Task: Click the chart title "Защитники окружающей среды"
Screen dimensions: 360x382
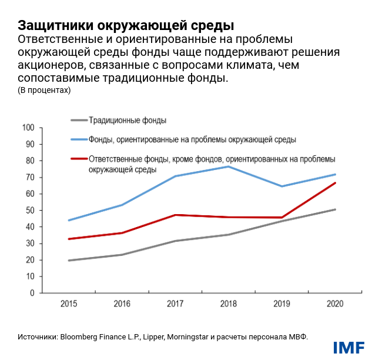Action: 126,25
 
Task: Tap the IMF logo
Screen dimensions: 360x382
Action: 349,348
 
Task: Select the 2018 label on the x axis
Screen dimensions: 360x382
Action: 227,304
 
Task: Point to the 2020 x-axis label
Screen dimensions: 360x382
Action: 334,304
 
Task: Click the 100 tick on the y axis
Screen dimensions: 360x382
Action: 29,128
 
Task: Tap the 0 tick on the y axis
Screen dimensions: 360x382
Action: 33,292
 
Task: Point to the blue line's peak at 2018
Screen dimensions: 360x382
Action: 228,166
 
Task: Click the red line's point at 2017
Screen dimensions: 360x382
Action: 175,215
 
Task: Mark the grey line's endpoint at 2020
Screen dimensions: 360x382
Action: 335,209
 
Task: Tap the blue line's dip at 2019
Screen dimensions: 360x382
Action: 282,186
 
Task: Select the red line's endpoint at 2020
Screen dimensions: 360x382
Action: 335,183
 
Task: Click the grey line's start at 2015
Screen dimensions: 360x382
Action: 69,260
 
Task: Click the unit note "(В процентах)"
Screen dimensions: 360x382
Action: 44,90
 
